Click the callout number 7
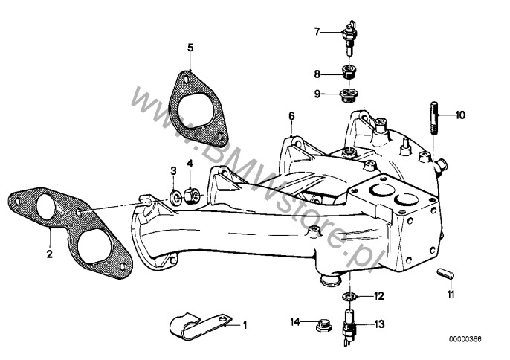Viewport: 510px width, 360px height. (x=317, y=31)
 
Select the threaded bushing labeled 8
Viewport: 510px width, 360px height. (x=350, y=73)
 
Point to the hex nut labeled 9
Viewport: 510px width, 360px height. (x=349, y=95)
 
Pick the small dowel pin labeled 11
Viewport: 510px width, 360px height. (x=445, y=274)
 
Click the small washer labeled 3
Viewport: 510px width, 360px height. (x=176, y=197)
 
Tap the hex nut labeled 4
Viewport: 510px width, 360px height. (x=192, y=196)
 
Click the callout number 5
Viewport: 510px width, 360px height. (x=190, y=48)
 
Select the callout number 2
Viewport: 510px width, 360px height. (x=49, y=254)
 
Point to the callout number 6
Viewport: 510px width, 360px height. (x=291, y=116)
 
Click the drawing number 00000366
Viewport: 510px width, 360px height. (x=465, y=339)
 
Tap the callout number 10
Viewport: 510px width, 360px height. (x=460, y=115)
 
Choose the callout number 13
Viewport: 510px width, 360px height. (x=379, y=324)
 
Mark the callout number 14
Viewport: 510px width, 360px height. (x=295, y=322)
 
